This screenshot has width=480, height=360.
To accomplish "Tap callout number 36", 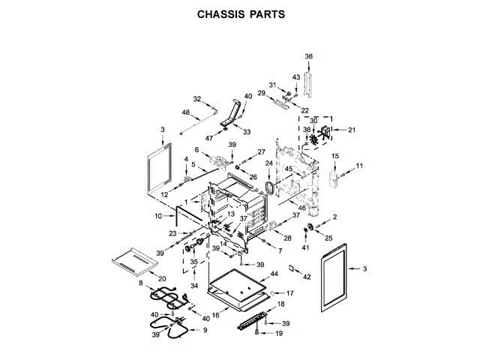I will (307, 56).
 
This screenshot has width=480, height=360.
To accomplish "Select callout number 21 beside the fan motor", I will (352, 130).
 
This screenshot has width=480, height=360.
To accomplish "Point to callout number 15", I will (334, 155).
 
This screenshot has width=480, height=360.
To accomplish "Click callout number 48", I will (185, 112).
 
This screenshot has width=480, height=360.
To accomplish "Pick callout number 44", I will (274, 275).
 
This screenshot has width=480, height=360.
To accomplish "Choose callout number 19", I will (279, 332).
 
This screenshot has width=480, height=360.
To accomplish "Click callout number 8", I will (140, 283).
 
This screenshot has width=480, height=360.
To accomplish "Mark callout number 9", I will (205, 330).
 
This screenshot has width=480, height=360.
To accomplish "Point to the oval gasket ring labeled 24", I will (270, 184).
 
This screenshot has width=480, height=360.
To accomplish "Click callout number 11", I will (359, 165).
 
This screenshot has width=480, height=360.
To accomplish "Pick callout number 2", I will (334, 217).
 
